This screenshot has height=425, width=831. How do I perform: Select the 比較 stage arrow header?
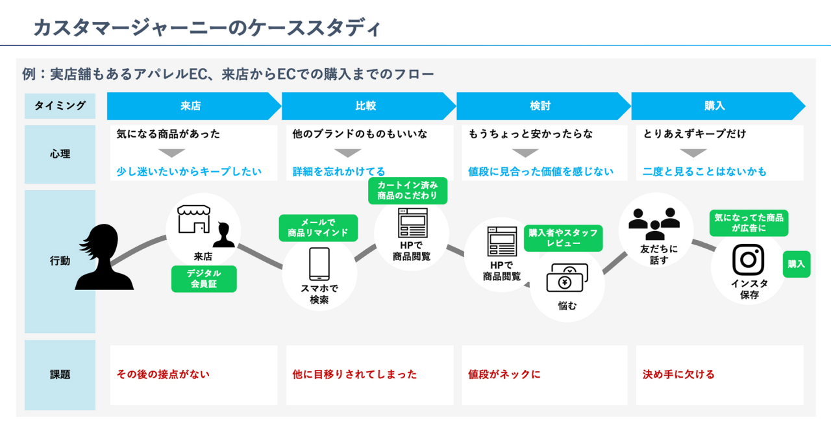[366, 106]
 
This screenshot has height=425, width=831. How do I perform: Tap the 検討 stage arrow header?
[540, 106]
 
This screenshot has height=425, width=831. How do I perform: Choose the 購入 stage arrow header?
[714, 106]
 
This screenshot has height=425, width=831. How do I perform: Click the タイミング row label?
[60, 106]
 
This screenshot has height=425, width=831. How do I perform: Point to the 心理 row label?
[60, 154]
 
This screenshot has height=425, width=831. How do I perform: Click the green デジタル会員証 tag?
[204, 279]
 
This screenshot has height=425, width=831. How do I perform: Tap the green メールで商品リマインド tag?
[318, 228]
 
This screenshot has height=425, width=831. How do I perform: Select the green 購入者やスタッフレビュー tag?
[563, 238]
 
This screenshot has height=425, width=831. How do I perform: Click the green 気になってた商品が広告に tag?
[749, 223]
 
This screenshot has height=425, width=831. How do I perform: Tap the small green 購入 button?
[796, 264]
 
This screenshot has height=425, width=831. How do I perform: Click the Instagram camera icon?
[748, 260]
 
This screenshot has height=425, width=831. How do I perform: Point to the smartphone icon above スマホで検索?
[319, 263]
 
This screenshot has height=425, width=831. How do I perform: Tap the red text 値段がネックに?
[504, 374]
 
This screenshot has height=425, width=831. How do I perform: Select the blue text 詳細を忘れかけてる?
[339, 172]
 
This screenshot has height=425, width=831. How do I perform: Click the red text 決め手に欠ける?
[678, 374]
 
